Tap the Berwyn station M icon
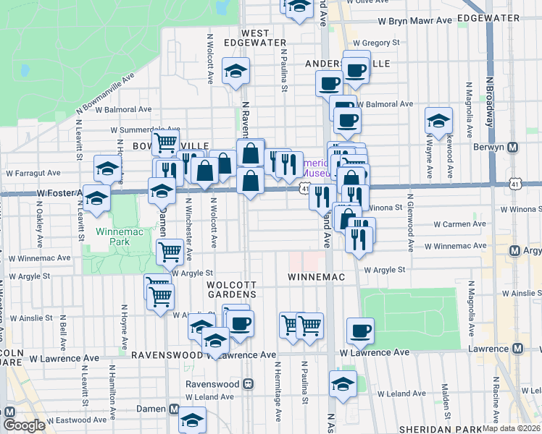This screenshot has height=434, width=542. (x=513, y=148)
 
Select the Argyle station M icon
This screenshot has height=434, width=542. (x=515, y=251)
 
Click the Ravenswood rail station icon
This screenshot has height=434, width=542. (x=249, y=384)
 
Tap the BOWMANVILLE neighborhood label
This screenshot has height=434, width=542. (x=170, y=146)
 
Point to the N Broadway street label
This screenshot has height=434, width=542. (x=489, y=101)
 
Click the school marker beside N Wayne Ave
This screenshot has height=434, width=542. (x=438, y=121)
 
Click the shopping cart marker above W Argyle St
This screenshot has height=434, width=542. (x=169, y=252)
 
